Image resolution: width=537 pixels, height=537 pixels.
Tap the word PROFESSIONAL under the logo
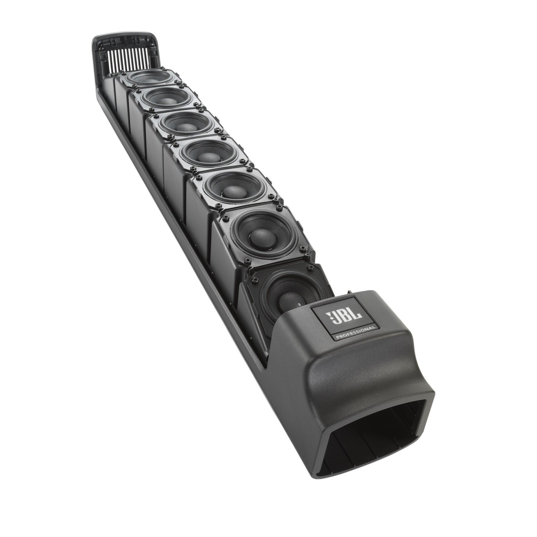tap(355, 336)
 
